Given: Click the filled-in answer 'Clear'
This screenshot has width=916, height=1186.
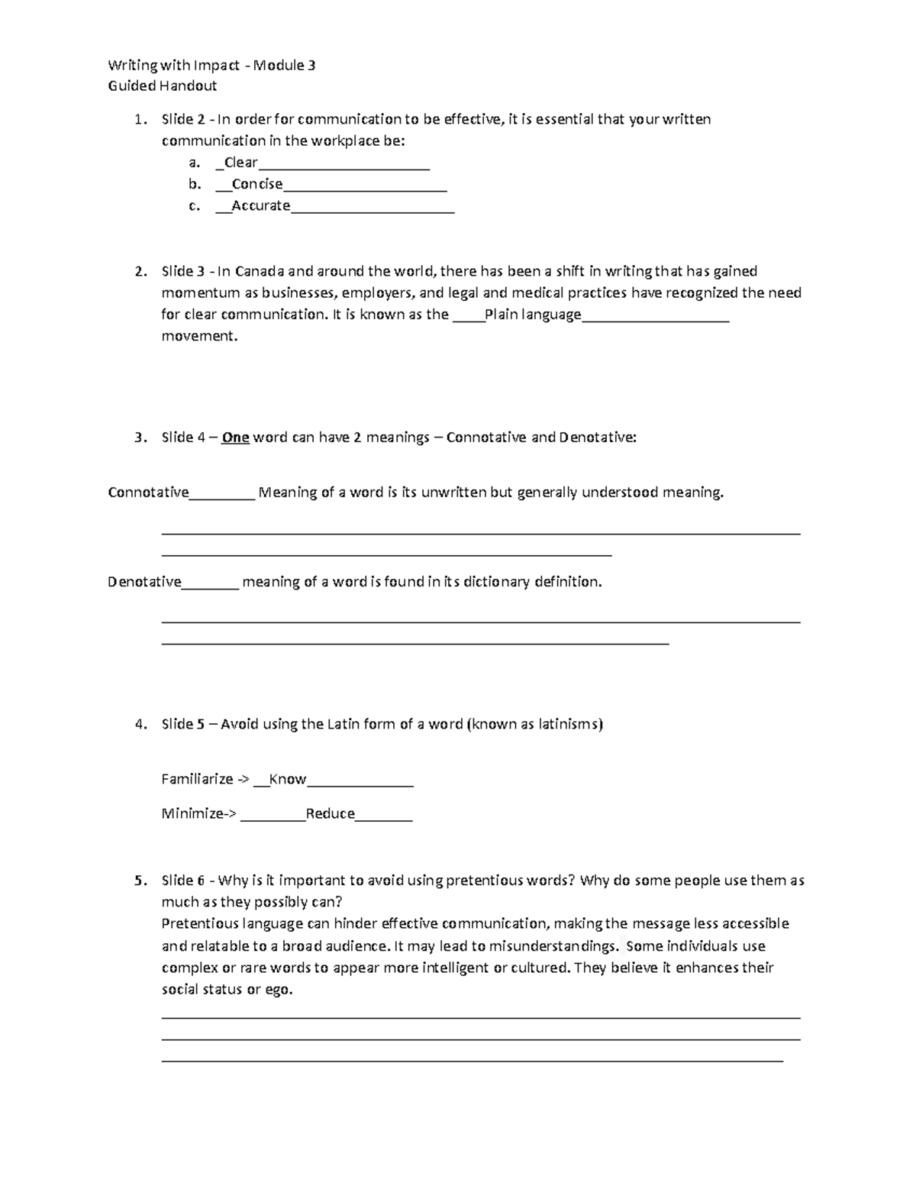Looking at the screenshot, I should tap(240, 163).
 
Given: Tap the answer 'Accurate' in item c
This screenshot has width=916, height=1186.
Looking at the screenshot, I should tap(260, 205).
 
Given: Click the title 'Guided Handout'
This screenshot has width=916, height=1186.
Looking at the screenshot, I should tap(162, 86).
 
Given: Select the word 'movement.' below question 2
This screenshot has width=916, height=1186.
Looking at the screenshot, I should tap(199, 336).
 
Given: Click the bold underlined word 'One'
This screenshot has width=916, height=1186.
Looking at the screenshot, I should tap(235, 438).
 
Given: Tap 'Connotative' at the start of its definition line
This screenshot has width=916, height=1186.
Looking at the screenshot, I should tap(148, 493).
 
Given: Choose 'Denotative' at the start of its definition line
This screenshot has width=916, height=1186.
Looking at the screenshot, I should tap(144, 582).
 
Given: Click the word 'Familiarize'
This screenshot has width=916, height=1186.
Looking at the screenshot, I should tap(197, 779).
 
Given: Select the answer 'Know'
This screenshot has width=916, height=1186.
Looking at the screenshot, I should tap(288, 779).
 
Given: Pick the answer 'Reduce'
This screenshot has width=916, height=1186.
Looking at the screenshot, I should tap(330, 813).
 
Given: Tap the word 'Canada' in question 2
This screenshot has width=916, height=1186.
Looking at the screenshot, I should tap(260, 271).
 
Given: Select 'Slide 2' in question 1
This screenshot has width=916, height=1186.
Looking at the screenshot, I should tap(183, 119).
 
